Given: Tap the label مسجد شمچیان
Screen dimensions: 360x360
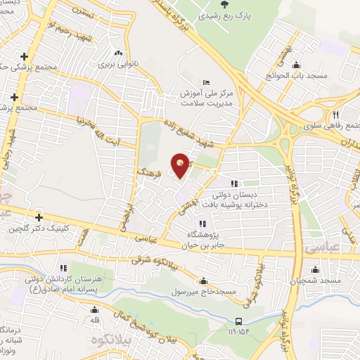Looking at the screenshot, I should pyautogui.click(x=315, y=281).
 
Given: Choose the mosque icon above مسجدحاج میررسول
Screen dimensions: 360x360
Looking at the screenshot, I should pyautogui.click(x=203, y=280).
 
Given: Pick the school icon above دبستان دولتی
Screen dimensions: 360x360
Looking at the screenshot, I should pyautogui.click(x=233, y=184).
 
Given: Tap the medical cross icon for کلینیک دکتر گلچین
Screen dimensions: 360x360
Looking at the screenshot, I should pyautogui.click(x=39, y=217).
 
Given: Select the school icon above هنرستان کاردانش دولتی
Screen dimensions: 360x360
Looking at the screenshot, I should pyautogui.click(x=62, y=267).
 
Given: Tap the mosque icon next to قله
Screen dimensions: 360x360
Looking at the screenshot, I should pyautogui.click(x=94, y=308).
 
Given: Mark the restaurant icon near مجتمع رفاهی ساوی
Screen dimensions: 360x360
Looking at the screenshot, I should pyautogui.click(x=336, y=114).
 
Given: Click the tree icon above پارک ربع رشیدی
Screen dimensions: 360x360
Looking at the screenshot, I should pyautogui.click(x=214, y=4).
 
